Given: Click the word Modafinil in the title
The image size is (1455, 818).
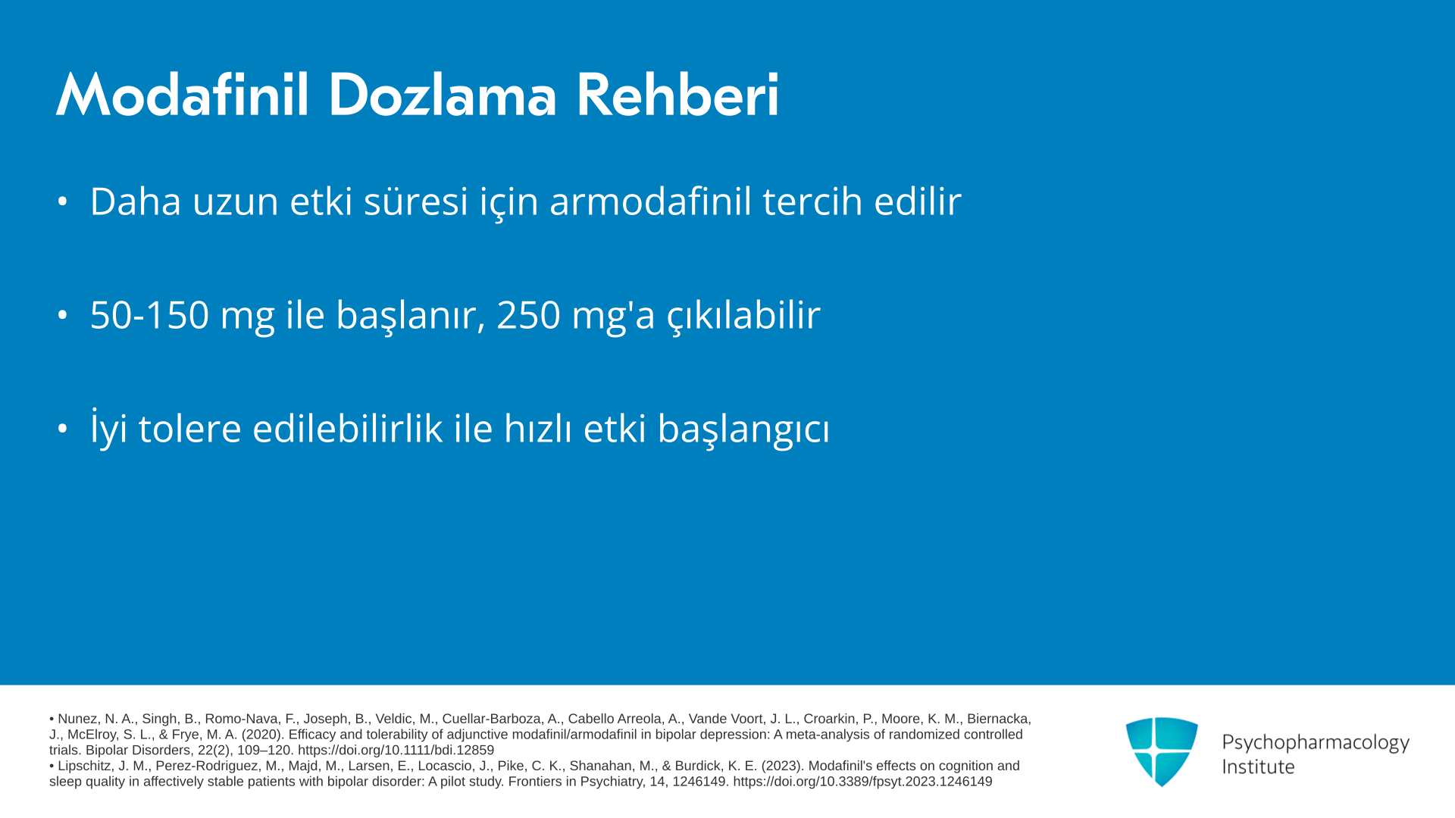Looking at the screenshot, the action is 183,95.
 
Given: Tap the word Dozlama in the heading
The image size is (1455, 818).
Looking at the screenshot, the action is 443,95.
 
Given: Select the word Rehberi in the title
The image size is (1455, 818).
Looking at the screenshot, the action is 677,95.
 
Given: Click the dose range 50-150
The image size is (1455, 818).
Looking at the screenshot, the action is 149,315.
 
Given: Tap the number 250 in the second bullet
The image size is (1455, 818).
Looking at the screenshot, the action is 528,315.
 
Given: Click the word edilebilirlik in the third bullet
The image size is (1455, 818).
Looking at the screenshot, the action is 347,429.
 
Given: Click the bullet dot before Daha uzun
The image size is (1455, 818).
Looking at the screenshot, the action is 62,201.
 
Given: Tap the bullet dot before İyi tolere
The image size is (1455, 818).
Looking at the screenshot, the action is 62,429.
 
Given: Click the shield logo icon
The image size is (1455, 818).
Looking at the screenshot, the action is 1162,752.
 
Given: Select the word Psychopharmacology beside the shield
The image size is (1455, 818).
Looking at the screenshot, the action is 1316,743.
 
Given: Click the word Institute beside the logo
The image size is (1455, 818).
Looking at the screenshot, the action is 1258,767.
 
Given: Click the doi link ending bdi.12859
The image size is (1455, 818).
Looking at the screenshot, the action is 396,751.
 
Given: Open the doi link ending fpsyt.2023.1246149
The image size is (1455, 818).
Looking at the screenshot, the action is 862,782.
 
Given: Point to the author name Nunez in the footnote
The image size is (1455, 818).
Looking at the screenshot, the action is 77,719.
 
